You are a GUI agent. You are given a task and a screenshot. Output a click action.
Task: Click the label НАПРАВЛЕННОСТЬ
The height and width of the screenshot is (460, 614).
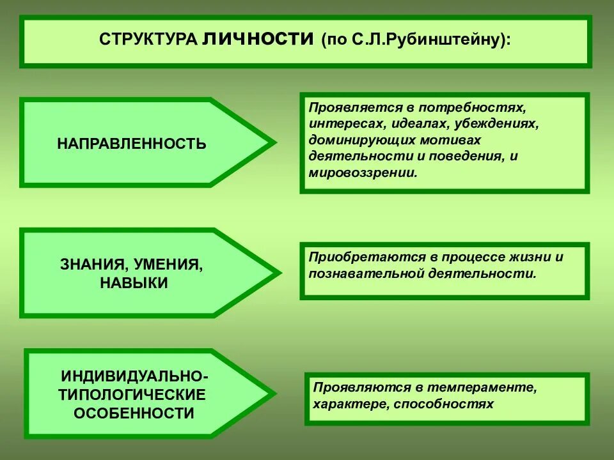[132, 143]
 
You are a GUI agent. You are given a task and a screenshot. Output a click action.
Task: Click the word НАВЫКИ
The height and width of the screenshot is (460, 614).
[134, 283]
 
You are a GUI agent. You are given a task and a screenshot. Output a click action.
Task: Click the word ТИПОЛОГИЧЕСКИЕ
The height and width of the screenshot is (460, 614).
[132, 394]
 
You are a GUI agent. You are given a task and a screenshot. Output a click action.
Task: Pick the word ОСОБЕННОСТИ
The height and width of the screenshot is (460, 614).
[134, 413]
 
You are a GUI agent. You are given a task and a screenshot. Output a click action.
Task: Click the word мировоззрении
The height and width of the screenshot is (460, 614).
[363, 172]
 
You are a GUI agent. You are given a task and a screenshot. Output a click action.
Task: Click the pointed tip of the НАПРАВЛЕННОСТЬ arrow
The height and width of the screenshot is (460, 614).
[275, 142]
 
